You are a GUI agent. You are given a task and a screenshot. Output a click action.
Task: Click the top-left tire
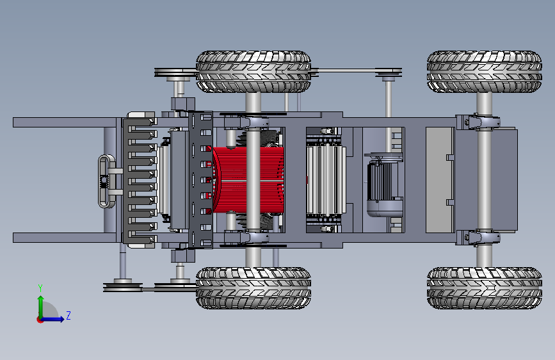pyautogui.click(x=253, y=72)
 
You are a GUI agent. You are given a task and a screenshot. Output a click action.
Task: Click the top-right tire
pyautogui.click(x=484, y=72)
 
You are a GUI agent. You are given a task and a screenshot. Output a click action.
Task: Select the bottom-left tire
pyautogui.click(x=253, y=288)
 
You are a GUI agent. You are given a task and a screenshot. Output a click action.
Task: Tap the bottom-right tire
pyautogui.click(x=484, y=288)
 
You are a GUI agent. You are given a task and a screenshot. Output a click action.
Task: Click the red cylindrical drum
pyautogui.click(x=248, y=180)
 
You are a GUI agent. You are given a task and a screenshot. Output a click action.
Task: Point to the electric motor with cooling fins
pyautogui.click(x=385, y=185)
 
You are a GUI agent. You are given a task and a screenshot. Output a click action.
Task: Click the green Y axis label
pyautogui.click(x=40, y=288)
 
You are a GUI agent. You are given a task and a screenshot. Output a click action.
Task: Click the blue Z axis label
pyautogui.click(x=68, y=315)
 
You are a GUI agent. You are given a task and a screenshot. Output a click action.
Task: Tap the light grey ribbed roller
pyautogui.click(x=325, y=180)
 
